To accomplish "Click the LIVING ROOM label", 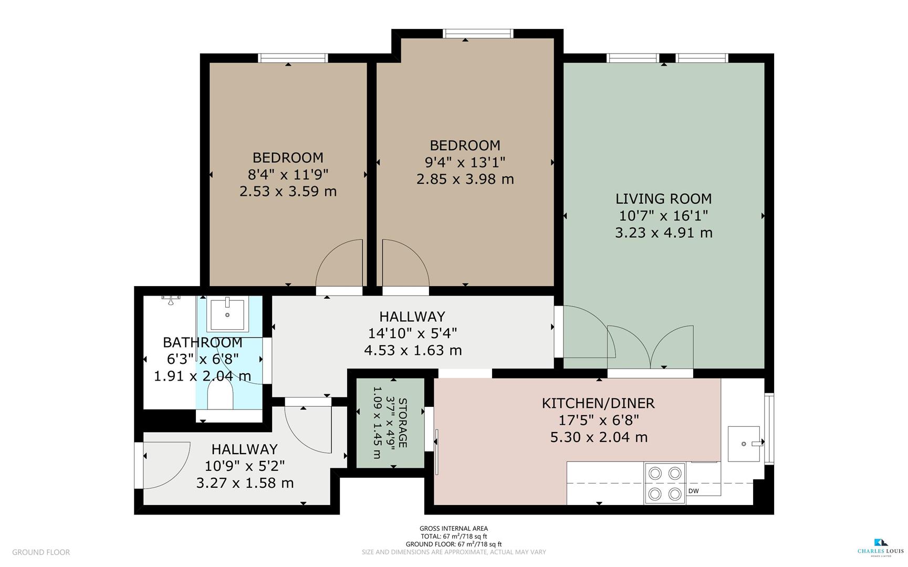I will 663,199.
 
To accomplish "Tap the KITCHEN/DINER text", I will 598,403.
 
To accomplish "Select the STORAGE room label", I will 403,423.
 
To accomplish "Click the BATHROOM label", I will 202,342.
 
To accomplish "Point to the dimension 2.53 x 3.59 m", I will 288,191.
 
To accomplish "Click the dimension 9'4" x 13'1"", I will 465,162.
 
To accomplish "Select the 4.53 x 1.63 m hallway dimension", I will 413,350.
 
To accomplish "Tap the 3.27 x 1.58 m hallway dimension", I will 245,483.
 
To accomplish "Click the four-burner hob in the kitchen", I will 665,483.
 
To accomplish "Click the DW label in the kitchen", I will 693,491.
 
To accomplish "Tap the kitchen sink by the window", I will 744,444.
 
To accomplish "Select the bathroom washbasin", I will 227,314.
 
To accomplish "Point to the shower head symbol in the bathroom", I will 171,299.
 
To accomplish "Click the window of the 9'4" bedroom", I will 478,34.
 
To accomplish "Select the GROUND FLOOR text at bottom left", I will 41,552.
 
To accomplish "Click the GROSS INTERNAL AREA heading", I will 453,529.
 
